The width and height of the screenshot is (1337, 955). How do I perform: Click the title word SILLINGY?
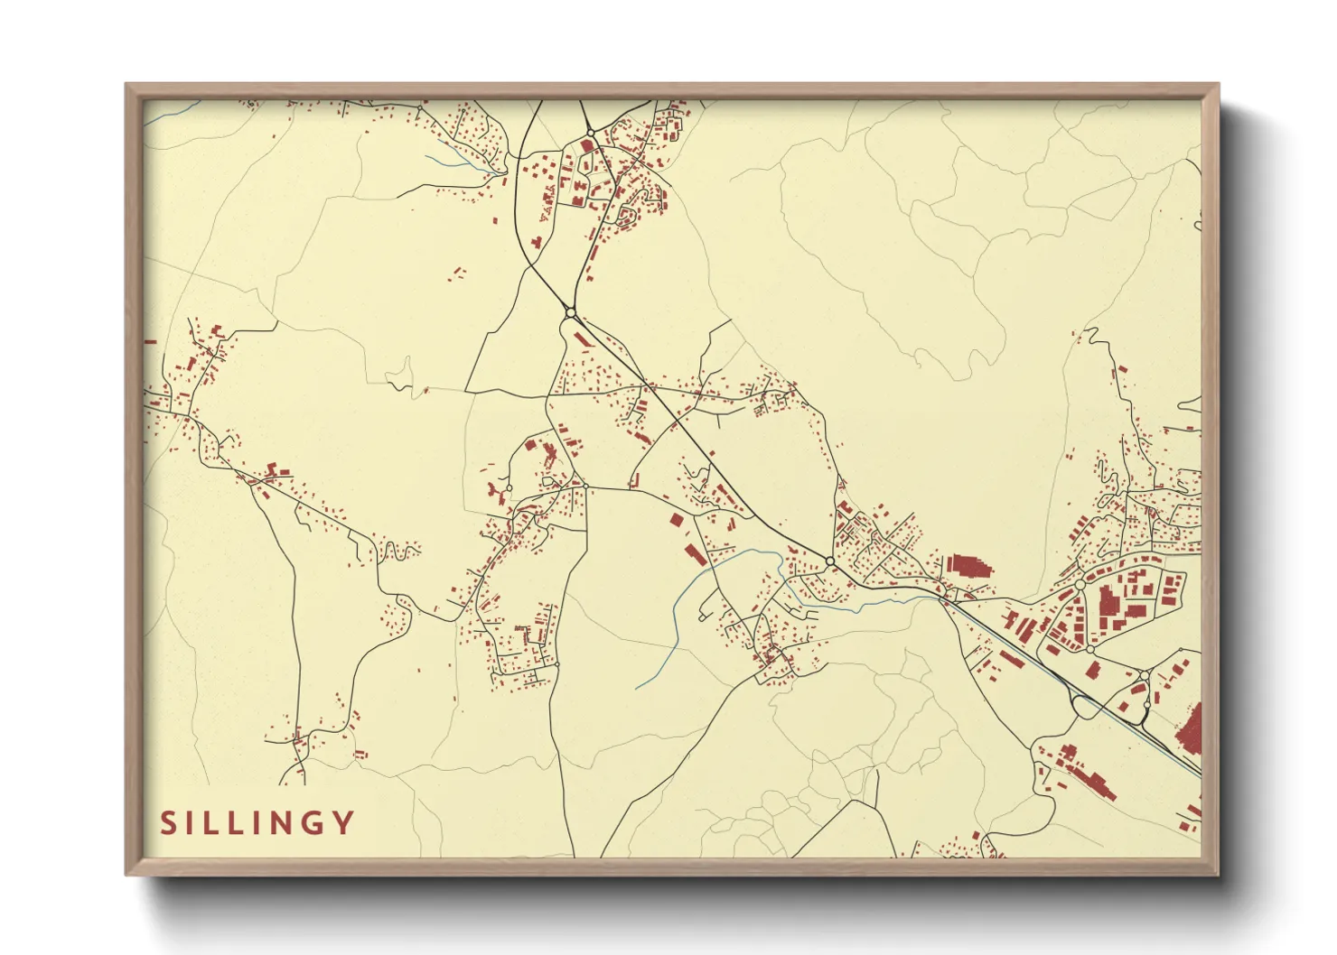(x=257, y=822)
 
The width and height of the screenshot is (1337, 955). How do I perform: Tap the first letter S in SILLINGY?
(x=168, y=822)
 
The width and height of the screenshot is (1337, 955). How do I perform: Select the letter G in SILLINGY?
(x=315, y=822)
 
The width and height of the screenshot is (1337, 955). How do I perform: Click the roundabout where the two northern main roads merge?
(x=570, y=313)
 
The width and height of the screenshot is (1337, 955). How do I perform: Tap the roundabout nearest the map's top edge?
(x=590, y=134)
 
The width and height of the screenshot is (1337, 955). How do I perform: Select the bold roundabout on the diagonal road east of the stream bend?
(x=829, y=562)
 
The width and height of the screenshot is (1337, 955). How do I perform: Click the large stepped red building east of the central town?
(x=968, y=567)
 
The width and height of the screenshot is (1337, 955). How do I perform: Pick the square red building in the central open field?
(x=678, y=520)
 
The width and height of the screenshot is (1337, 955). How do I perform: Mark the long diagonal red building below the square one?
(x=696, y=553)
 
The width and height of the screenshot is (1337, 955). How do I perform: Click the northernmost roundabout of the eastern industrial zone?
(x=1080, y=585)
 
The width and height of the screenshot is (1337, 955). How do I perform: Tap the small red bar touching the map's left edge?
(x=150, y=342)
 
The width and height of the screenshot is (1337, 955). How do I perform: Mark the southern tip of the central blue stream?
(x=638, y=689)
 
